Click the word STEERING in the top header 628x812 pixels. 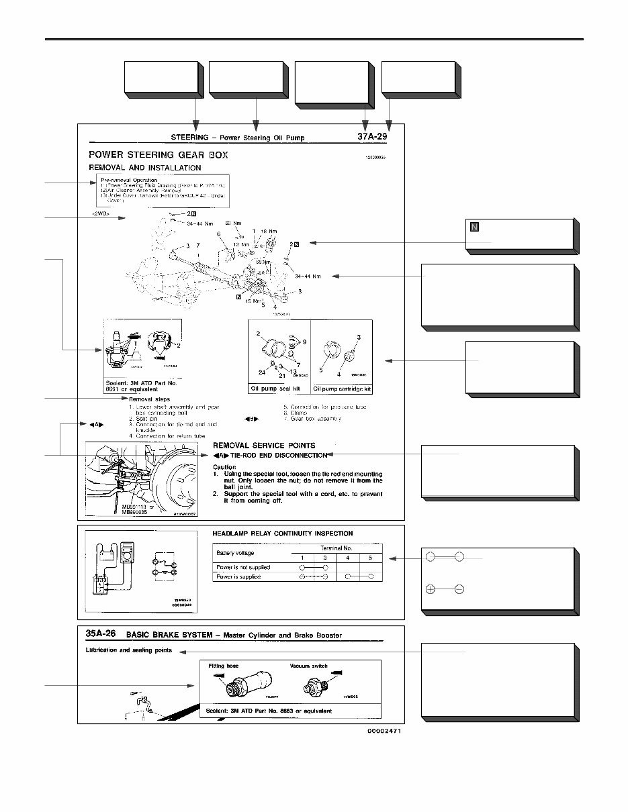pyautogui.click(x=189, y=138)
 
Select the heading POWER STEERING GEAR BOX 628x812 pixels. pyautogui.click(x=159, y=154)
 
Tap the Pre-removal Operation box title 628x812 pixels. pyautogui.click(x=129, y=180)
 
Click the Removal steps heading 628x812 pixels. pyautogui.click(x=149, y=399)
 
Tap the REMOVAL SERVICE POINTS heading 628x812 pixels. pyautogui.click(x=264, y=445)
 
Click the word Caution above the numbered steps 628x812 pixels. pyautogui.click(x=224, y=466)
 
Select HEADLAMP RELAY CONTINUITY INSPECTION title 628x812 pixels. pyautogui.click(x=282, y=534)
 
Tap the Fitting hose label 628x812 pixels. pyautogui.click(x=224, y=666)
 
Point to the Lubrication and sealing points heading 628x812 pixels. pyautogui.click(x=129, y=650)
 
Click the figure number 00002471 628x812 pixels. pyautogui.click(x=387, y=731)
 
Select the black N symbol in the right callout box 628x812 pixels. pyautogui.click(x=474, y=227)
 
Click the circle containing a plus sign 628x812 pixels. pyautogui.click(x=431, y=589)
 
